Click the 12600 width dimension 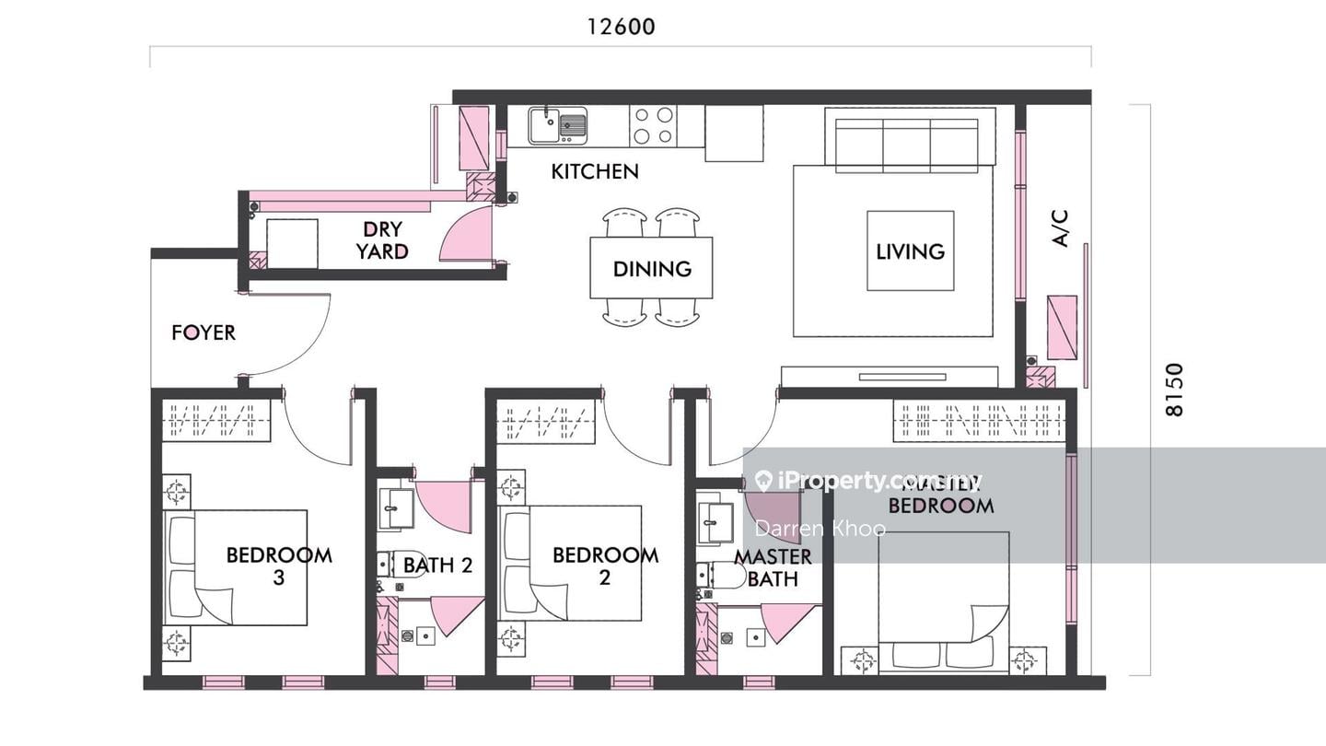coord(622,27)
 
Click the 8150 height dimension coord(1174,390)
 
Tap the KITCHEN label coord(595,171)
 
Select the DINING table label coord(652,269)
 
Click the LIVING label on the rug coord(910,251)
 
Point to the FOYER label coord(204,332)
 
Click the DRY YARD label coord(382,240)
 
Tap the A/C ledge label coord(1061,228)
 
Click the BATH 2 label coord(438,565)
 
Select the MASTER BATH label coord(773,567)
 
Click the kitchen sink coord(558,124)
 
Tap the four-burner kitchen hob coord(653,126)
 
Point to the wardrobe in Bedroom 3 coord(216,421)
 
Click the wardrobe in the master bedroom coord(979,421)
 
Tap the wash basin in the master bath coord(711,523)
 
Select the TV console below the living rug coord(890,377)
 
